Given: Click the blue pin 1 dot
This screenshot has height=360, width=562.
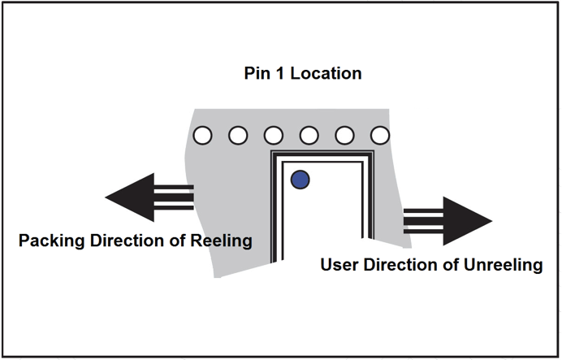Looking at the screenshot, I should pyautogui.click(x=300, y=179).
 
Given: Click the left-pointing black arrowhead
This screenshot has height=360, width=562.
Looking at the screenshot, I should pyautogui.click(x=130, y=198).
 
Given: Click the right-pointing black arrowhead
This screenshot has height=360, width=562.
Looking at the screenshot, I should pyautogui.click(x=468, y=220).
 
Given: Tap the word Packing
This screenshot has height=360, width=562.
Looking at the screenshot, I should pyautogui.click(x=50, y=241).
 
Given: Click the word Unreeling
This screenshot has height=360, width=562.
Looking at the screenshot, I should pyautogui.click(x=504, y=265).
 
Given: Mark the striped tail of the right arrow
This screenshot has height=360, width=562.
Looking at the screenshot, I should pyautogui.click(x=423, y=220).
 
